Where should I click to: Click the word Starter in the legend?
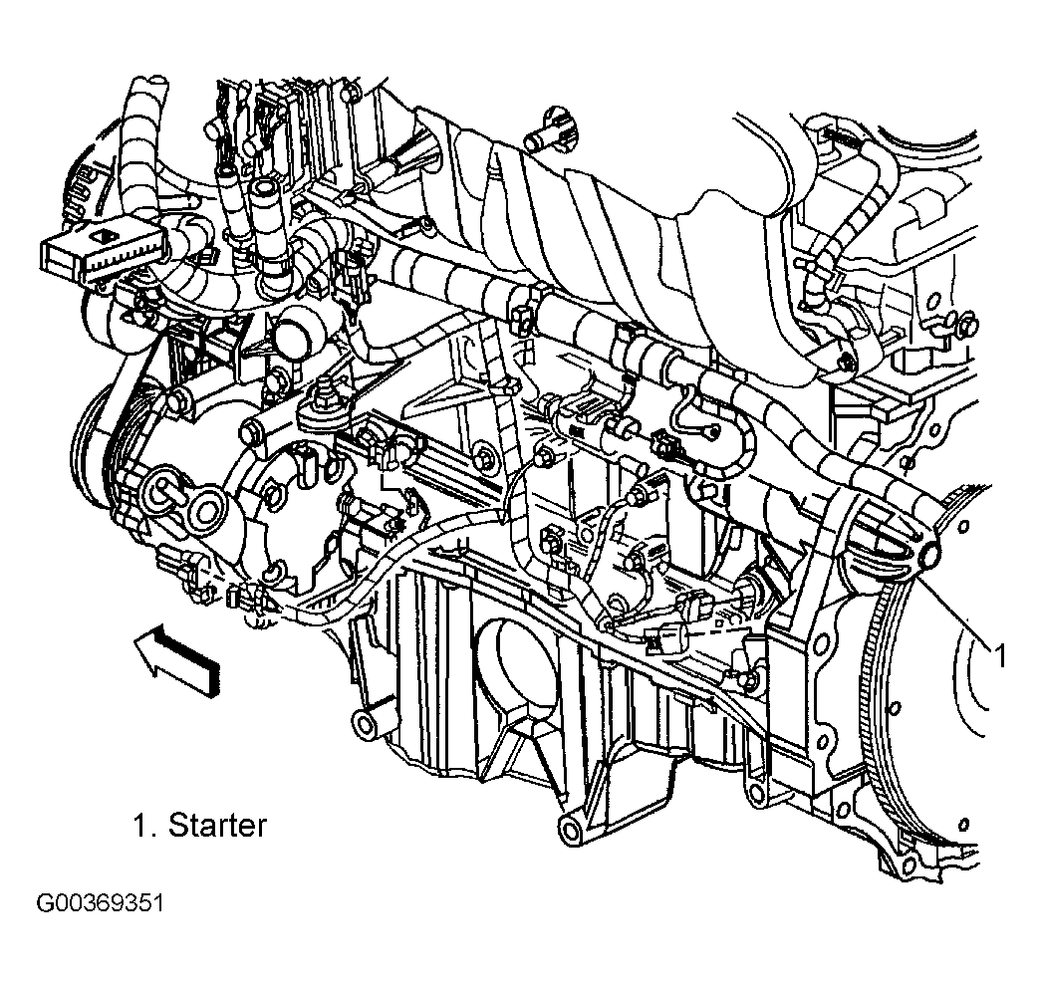(217, 825)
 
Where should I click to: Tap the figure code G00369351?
(101, 904)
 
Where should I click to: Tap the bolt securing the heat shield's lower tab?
(846, 363)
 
